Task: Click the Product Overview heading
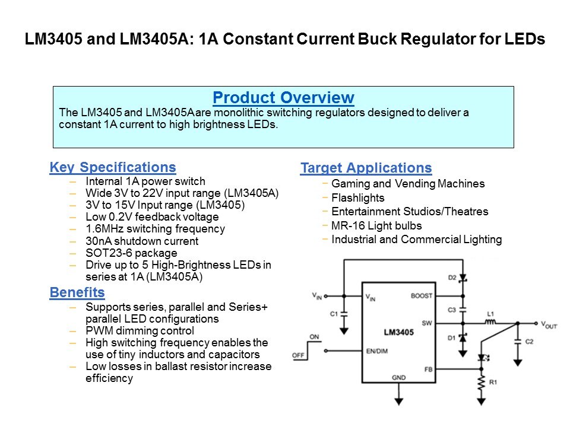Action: click(283, 98)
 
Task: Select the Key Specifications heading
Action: click(113, 167)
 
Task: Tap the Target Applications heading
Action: click(366, 168)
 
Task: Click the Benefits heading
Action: click(77, 292)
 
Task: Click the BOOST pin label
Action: click(421, 295)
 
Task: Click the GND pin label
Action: click(398, 378)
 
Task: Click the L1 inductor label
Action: click(490, 313)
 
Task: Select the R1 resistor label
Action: click(493, 383)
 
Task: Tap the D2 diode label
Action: click(452, 277)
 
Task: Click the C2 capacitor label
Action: click(529, 342)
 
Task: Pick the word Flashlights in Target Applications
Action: click(358, 197)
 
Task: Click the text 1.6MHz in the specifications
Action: click(103, 228)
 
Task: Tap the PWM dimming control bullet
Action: click(140, 331)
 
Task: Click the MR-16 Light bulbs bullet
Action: click(376, 225)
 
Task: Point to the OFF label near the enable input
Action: click(299, 355)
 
